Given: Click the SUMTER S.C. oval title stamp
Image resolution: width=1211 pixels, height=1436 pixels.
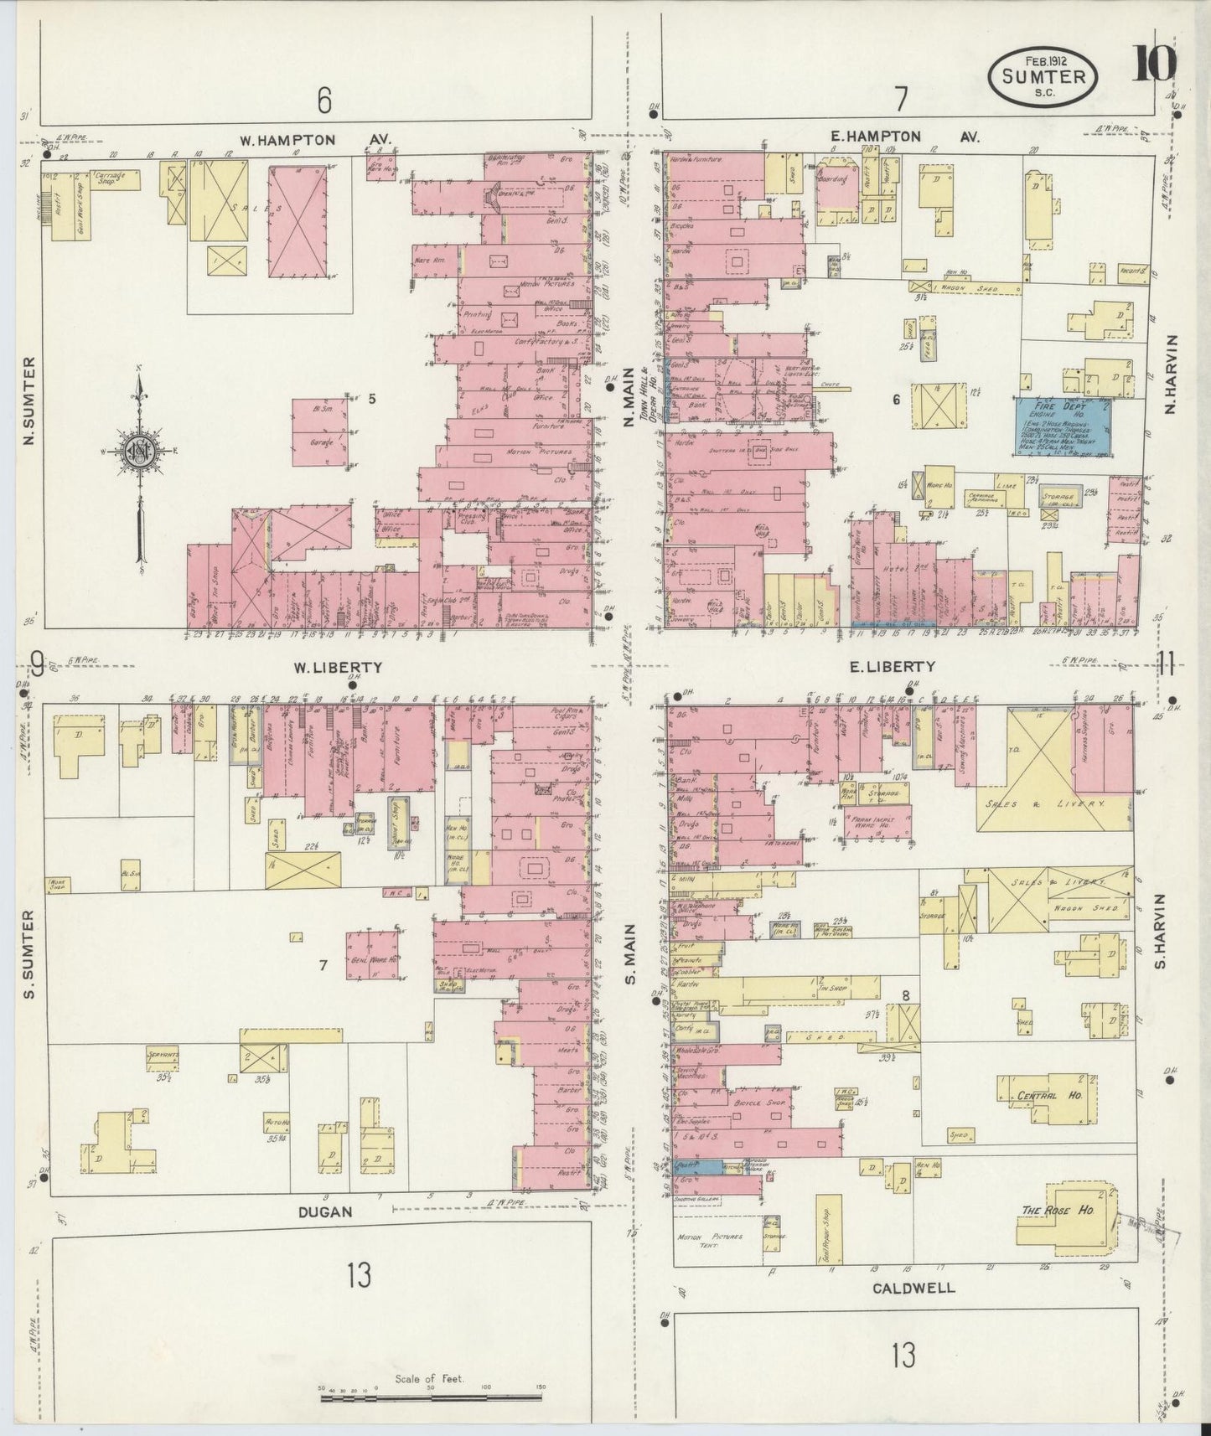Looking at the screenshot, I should pyautogui.click(x=1043, y=76).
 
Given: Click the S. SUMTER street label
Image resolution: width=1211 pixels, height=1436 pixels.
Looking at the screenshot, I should pyautogui.click(x=29, y=954).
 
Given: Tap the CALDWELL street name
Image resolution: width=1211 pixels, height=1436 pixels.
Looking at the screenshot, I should pyautogui.click(x=913, y=1287).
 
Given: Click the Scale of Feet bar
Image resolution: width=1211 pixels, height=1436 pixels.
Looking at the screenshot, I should pyautogui.click(x=431, y=1397).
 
